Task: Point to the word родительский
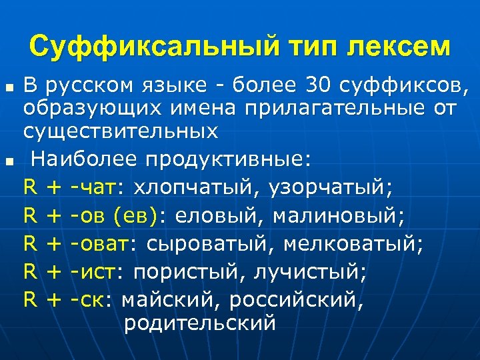click(x=199, y=323)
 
